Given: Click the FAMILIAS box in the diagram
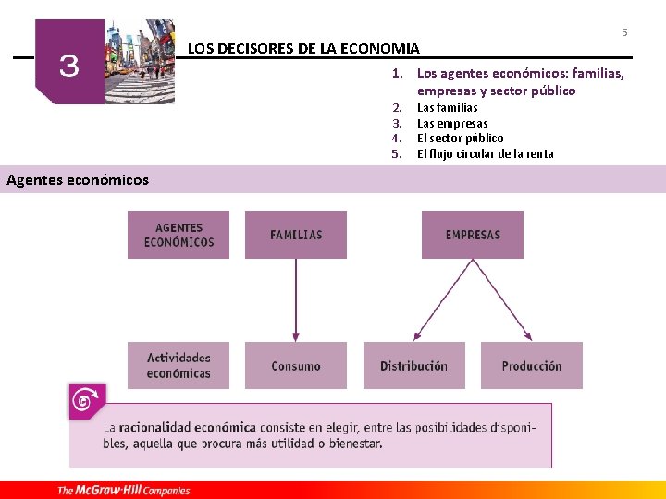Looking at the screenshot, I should coord(296,235).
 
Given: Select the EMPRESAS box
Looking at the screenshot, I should coord(473,235).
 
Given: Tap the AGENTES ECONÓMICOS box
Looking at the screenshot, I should coord(179,235).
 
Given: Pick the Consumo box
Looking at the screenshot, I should coord(296,366).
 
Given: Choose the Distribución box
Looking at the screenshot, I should coord(413,366).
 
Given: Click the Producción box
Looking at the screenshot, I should coord(532,366).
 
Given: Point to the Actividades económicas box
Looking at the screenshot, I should coord(179,366).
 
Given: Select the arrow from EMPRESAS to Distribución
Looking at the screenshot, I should coord(444,300).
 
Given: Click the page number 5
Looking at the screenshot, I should coord(624,33).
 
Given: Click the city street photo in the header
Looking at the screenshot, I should coord(140,61).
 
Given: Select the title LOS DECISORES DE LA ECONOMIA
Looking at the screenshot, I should coord(303,48).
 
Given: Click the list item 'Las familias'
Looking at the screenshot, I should coord(448,108).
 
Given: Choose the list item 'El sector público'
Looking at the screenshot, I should coord(461,139).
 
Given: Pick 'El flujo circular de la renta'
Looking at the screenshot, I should coord(485,154).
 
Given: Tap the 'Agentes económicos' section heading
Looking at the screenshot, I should coord(78,179).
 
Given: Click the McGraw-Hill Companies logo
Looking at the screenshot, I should coord(124,490).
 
